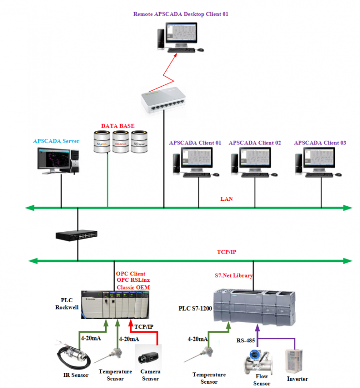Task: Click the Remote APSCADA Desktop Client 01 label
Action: click(181, 14)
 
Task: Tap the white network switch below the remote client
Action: click(163, 99)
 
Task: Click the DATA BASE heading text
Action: click(118, 126)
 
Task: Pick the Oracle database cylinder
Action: click(121, 142)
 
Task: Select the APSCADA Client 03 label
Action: click(320, 143)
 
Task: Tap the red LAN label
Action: click(227, 198)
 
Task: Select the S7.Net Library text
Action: click(234, 275)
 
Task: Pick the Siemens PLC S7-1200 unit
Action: click(254, 306)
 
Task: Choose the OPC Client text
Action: click(130, 274)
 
